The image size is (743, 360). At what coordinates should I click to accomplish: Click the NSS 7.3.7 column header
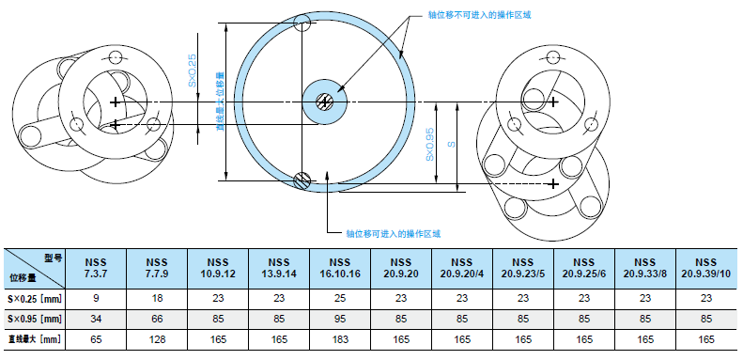pos(96,268)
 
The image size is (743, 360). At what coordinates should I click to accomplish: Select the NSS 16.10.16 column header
pos(340,268)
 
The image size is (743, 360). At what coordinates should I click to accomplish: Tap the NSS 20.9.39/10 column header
pos(706,268)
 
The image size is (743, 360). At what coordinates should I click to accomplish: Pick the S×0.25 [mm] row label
pos(34,299)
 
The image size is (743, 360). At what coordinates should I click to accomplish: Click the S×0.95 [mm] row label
pos(34,320)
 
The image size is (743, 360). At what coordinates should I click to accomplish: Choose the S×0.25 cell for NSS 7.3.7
pos(96,299)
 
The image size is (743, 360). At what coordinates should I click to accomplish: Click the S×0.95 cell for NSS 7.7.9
pos(157,320)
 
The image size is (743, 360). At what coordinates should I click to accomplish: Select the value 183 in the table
pos(340,339)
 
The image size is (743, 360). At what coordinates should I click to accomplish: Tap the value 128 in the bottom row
pos(157,339)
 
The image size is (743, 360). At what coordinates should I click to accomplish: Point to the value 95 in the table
pos(340,320)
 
